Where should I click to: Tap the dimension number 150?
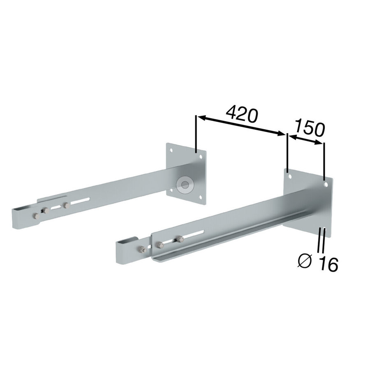[310, 128]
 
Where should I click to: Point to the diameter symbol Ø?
[305, 261]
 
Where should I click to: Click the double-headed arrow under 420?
[241, 126]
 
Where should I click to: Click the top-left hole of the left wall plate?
[171, 150]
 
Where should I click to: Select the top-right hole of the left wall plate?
[201, 156]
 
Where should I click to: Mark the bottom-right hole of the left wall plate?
[200, 197]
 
